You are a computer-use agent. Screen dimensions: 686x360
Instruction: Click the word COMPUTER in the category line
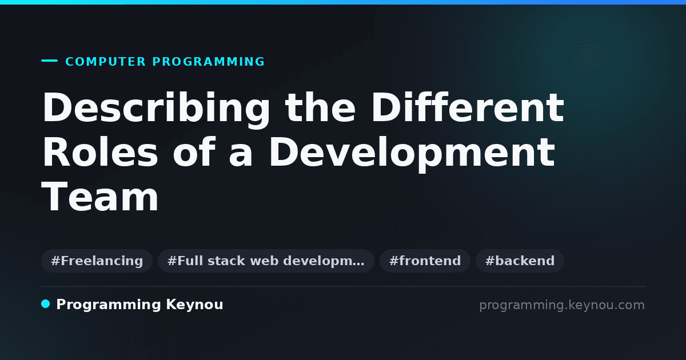pyautogui.click(x=105, y=62)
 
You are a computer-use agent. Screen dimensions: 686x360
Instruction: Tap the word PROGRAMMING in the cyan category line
pyautogui.click(x=208, y=62)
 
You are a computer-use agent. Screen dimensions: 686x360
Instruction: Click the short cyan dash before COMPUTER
pyautogui.click(x=49, y=61)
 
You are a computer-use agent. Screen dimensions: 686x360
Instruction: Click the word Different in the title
pyautogui.click(x=468, y=107)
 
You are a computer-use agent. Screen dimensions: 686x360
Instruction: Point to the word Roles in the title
pyautogui.click(x=100, y=152)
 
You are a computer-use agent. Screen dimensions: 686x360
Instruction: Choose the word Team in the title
pyautogui.click(x=100, y=196)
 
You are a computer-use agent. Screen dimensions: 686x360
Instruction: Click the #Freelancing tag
pyautogui.click(x=97, y=261)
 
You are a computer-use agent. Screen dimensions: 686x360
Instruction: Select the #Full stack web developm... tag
pyautogui.click(x=266, y=261)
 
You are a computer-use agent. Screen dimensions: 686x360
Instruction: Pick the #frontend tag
pyautogui.click(x=425, y=261)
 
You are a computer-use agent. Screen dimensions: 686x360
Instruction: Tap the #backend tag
pyautogui.click(x=520, y=261)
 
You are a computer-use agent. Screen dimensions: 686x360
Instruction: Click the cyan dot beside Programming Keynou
pyautogui.click(x=46, y=304)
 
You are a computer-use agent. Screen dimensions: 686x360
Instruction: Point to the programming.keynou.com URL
pyautogui.click(x=562, y=305)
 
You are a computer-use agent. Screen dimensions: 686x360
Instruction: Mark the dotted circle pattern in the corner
pyautogui.click(x=591, y=57)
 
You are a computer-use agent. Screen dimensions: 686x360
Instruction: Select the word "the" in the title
pyautogui.click(x=320, y=107)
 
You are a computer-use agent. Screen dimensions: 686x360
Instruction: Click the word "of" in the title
pyautogui.click(x=194, y=152)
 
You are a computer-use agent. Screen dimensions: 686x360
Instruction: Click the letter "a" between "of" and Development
pyautogui.click(x=241, y=156)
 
